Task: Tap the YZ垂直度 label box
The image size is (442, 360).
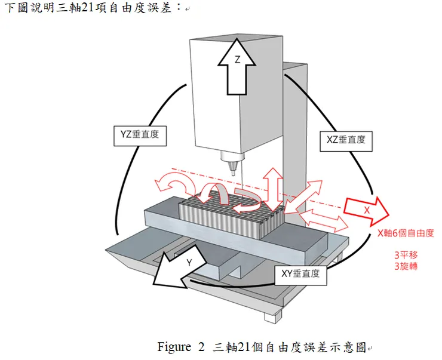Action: click(x=140, y=135)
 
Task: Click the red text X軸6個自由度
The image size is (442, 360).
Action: click(x=401, y=235)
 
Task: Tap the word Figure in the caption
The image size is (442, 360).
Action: click(x=173, y=347)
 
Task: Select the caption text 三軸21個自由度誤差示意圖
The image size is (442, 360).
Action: click(x=289, y=347)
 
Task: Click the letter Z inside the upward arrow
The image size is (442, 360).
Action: click(x=237, y=60)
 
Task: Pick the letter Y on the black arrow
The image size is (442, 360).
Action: click(x=189, y=263)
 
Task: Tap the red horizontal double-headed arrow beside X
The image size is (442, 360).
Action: click(x=323, y=220)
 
